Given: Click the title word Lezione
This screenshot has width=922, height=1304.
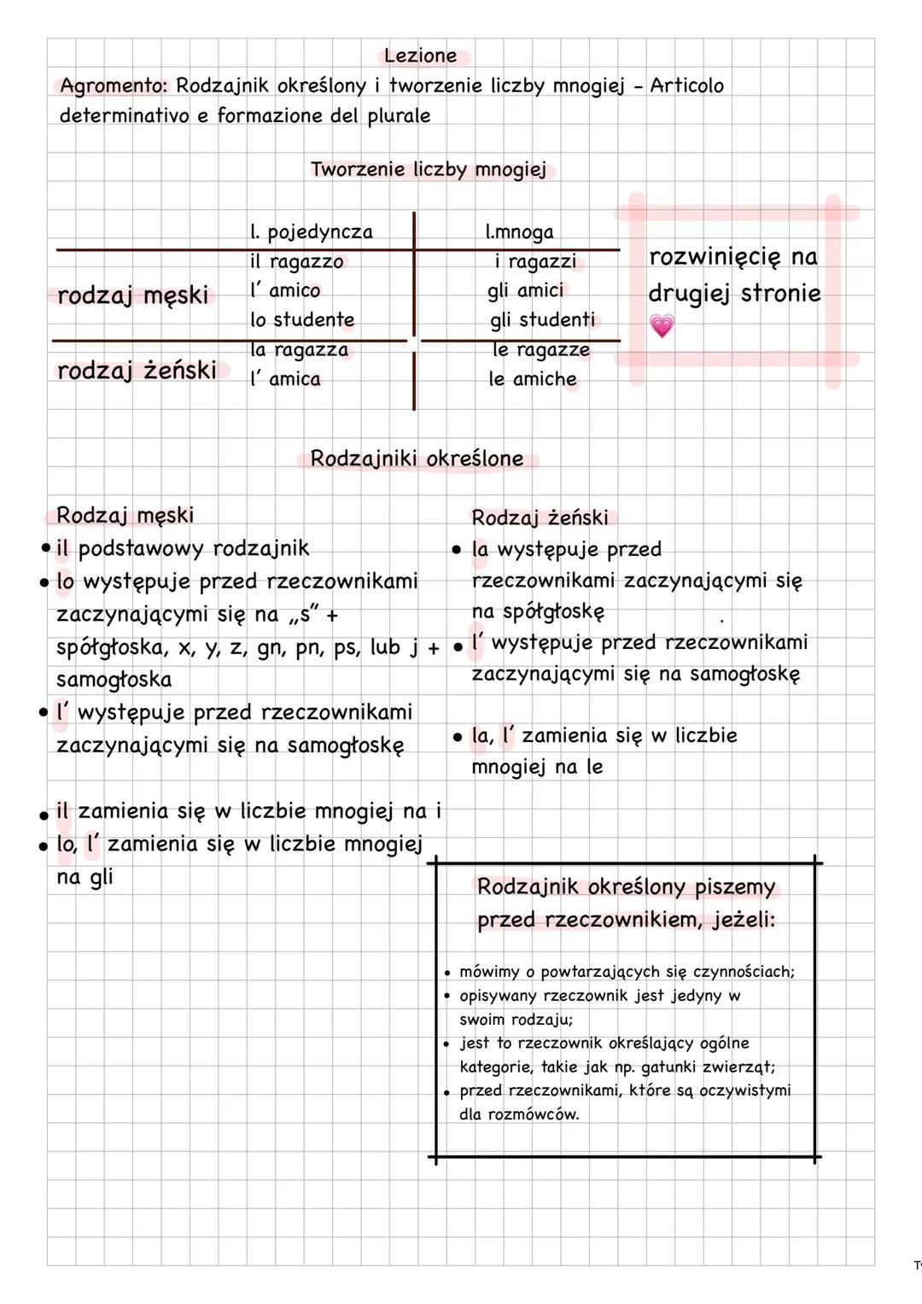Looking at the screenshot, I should [x=420, y=56].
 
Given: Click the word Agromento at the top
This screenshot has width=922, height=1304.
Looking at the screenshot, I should [x=114, y=86].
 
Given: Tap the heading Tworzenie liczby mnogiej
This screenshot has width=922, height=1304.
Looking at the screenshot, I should [x=428, y=170].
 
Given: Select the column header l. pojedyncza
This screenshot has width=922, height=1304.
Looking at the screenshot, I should [x=312, y=232].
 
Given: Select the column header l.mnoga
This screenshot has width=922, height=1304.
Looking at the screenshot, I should [x=519, y=232].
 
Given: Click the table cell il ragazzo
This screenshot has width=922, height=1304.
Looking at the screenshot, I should [x=296, y=262].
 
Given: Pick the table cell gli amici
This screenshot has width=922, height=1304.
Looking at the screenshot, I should [x=526, y=291].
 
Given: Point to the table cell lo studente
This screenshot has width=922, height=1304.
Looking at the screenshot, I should [x=302, y=320].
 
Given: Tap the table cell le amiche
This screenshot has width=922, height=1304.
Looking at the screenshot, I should [x=533, y=379].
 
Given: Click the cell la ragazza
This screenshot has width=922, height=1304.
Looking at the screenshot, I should [x=299, y=350].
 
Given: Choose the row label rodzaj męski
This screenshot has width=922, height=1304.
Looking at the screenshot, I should [x=132, y=295].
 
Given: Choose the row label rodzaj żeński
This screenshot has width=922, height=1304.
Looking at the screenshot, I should [x=137, y=371].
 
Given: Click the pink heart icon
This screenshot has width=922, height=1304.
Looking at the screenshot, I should [x=662, y=325].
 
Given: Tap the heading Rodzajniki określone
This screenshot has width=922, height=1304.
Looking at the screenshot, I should [x=417, y=459].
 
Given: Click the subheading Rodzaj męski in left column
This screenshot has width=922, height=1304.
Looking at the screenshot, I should [x=125, y=515].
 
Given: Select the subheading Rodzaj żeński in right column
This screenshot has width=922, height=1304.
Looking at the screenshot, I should [x=540, y=518].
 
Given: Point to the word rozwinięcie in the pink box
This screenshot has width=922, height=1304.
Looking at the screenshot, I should [x=715, y=257].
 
